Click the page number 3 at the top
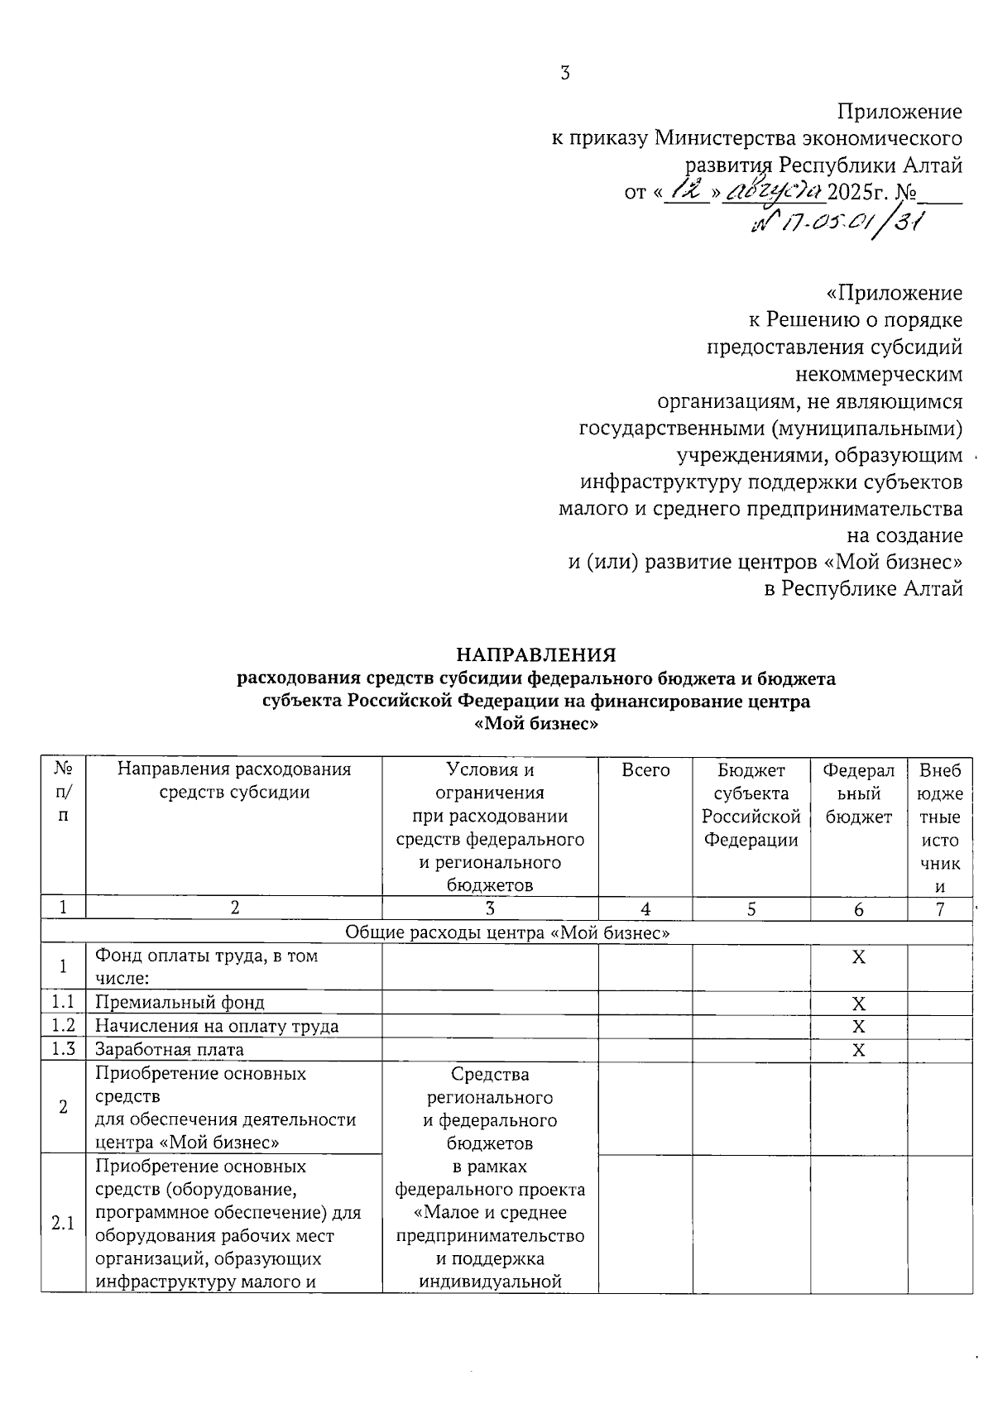(565, 73)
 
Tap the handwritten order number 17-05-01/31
(837, 222)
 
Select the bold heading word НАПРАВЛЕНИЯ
(537, 655)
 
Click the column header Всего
(645, 770)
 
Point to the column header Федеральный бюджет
(859, 793)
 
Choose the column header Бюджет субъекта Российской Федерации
(751, 805)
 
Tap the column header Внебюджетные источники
(940, 828)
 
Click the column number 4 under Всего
(645, 909)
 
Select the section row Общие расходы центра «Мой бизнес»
(506, 932)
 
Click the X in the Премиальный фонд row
(859, 1004)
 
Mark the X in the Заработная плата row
(859, 1051)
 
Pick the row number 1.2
(64, 1026)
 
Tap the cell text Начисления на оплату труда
(217, 1027)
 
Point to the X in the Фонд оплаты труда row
(859, 957)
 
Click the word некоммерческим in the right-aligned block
(879, 375)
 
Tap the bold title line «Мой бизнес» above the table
(537, 725)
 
